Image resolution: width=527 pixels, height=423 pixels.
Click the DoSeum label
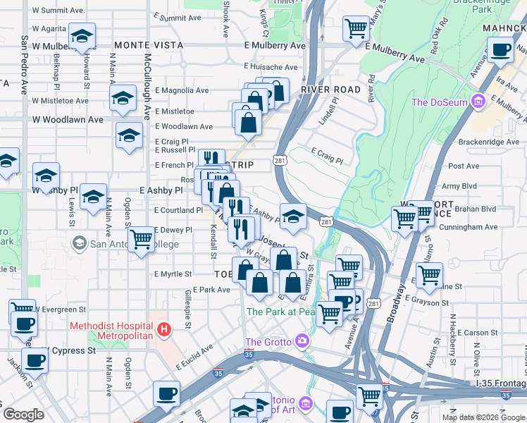pyautogui.click(x=440, y=102)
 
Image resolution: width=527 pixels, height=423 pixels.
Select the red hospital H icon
pyautogui.click(x=164, y=329)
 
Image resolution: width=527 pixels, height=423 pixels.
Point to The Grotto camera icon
pyautogui.click(x=303, y=342)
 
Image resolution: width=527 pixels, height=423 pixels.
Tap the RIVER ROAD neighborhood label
pyautogui.click(x=330, y=90)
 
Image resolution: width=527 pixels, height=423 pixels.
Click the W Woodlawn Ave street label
pyautogui.click(x=68, y=120)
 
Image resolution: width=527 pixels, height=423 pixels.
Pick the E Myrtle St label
pyautogui.click(x=173, y=274)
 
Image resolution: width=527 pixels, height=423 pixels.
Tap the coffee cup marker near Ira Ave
pyautogui.click(x=501, y=50)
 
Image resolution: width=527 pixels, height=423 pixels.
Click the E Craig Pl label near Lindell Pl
pyautogui.click(x=326, y=156)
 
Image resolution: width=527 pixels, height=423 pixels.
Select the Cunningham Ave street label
pyautogui.click(x=468, y=227)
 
